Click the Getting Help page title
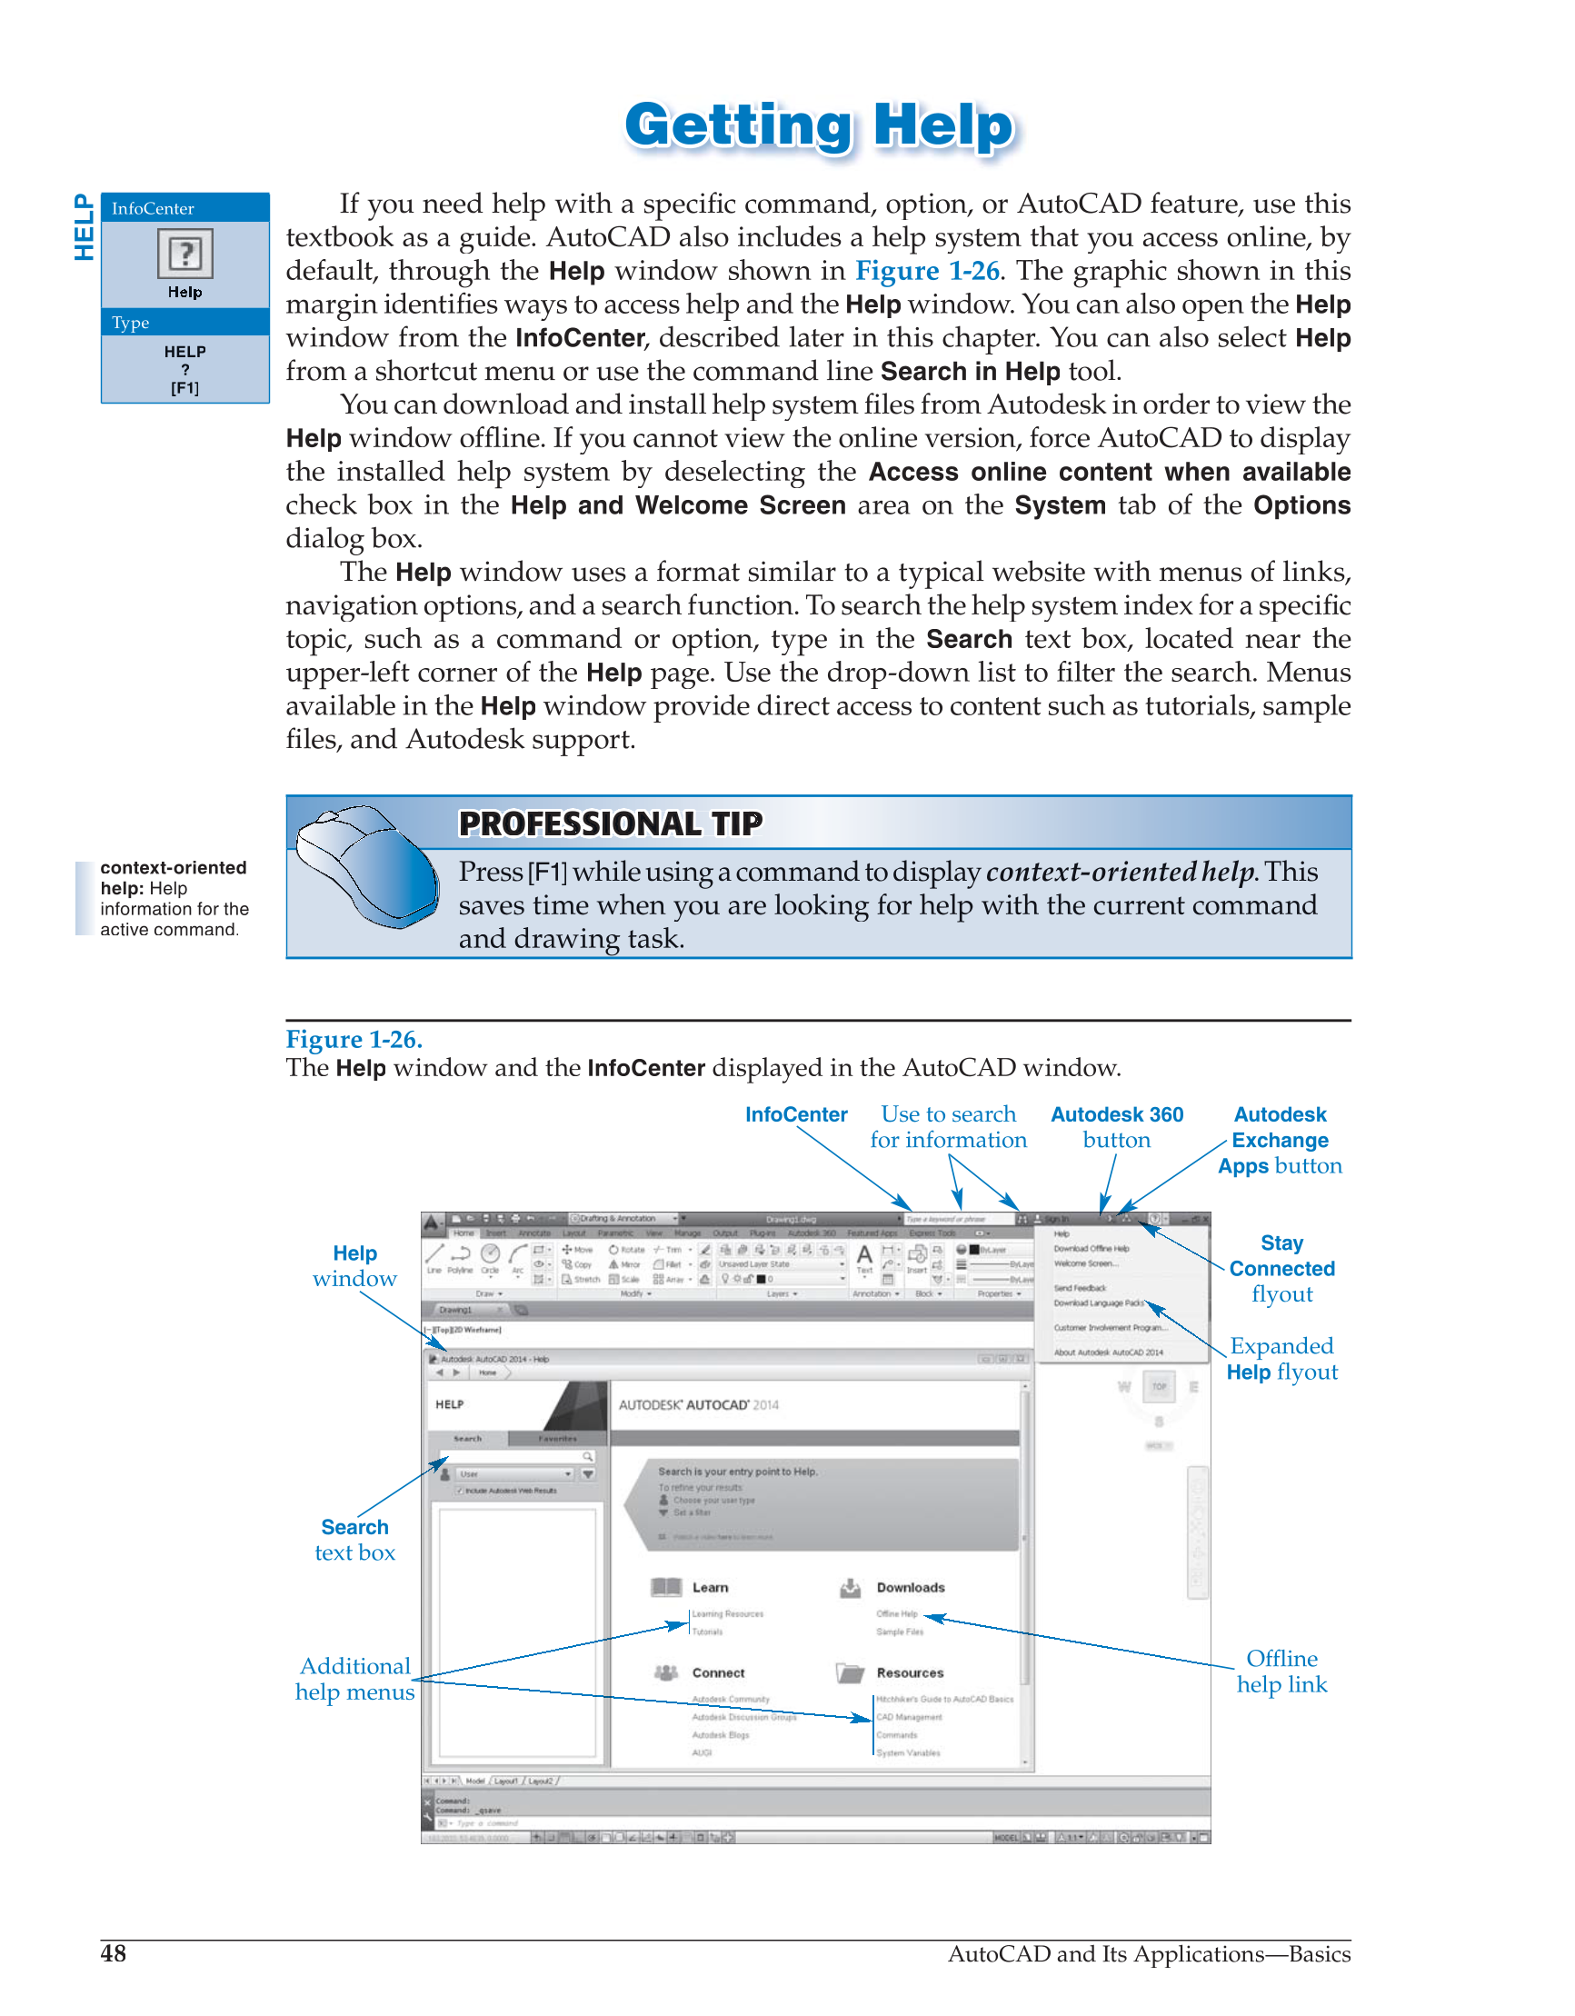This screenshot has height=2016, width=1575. click(819, 126)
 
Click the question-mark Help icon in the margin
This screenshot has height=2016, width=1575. click(184, 254)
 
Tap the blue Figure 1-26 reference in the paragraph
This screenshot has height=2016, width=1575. click(927, 272)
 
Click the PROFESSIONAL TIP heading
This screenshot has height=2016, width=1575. click(610, 823)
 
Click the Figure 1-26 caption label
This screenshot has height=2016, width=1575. click(354, 1040)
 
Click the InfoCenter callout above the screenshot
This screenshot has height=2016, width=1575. click(796, 1115)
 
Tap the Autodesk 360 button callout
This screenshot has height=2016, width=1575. click(1116, 1127)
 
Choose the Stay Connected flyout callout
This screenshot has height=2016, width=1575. click(1281, 1268)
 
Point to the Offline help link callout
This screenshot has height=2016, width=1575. click(1281, 1672)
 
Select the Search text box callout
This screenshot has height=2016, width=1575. click(354, 1540)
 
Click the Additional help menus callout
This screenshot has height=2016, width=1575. click(354, 1679)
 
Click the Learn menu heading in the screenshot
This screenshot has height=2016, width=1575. click(710, 1588)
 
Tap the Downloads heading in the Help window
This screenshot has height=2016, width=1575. click(911, 1588)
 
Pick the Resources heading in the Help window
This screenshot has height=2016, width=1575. click(910, 1672)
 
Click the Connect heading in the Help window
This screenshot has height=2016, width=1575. click(718, 1672)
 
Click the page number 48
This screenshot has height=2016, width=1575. click(114, 1953)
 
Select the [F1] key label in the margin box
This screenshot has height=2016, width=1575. click(184, 389)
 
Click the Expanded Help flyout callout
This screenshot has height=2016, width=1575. click(1281, 1359)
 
